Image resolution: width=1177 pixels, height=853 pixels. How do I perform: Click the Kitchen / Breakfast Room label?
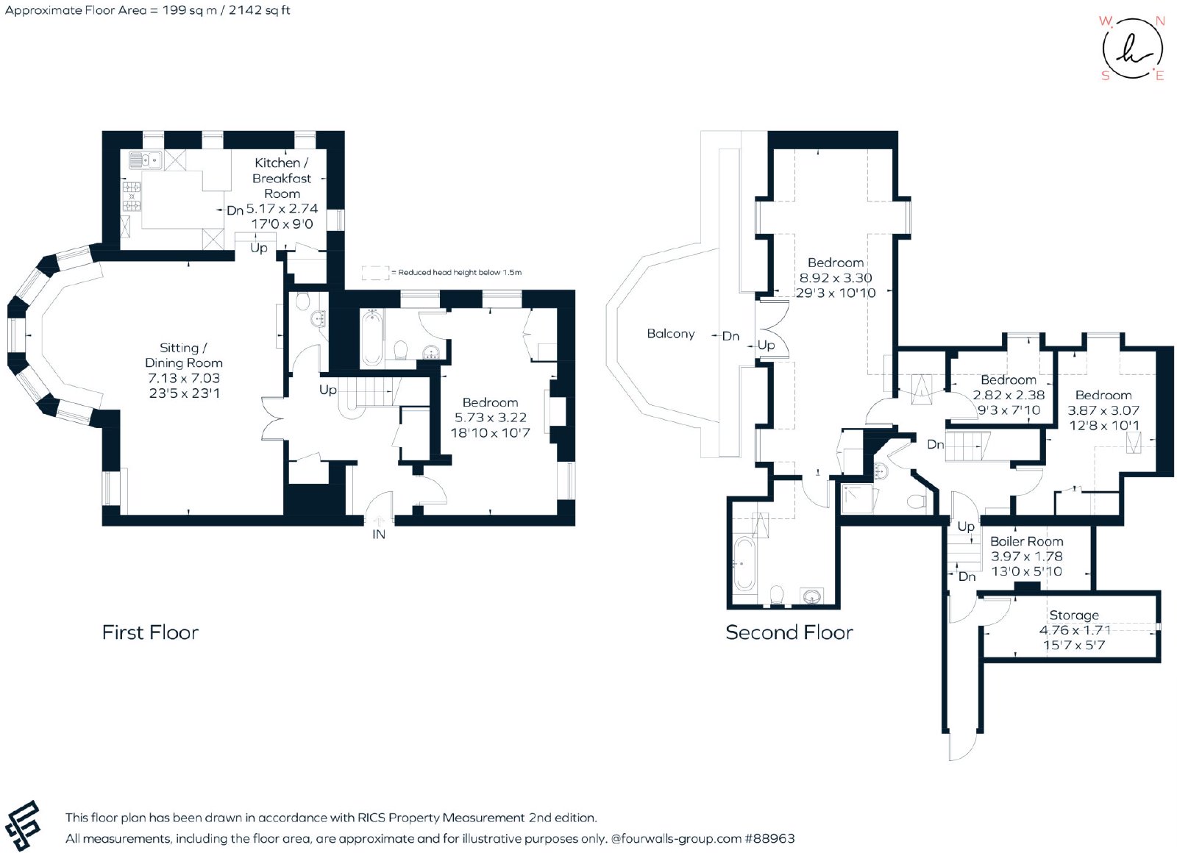coord(282,178)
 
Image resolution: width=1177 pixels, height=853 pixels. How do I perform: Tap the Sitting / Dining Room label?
coord(184,355)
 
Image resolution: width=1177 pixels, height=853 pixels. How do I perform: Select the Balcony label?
coord(670,334)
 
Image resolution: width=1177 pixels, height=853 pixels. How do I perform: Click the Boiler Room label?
coord(1026,541)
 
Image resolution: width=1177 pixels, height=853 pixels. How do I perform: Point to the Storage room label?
coord(1073,615)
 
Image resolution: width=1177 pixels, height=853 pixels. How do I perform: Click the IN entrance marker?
coord(379,534)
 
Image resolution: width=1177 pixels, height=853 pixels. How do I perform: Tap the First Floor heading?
coord(150,632)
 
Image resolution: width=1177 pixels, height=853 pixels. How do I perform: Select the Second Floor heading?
coord(789,632)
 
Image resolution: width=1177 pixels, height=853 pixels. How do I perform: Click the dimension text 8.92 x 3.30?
coord(836,278)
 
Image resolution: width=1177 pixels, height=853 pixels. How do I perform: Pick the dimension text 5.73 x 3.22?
coord(490,418)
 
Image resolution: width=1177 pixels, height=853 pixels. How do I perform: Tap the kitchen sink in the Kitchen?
coord(146,160)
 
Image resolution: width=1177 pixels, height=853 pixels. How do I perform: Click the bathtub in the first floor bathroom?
coord(371,338)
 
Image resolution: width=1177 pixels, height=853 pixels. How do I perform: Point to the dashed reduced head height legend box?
coord(375,273)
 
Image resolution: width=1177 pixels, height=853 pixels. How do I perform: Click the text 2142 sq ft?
coord(259,10)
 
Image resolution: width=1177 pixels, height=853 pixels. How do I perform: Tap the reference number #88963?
coord(769,839)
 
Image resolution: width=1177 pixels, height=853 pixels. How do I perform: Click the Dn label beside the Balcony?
coord(730,336)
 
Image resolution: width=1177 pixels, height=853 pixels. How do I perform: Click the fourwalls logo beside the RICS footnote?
coord(23,825)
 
